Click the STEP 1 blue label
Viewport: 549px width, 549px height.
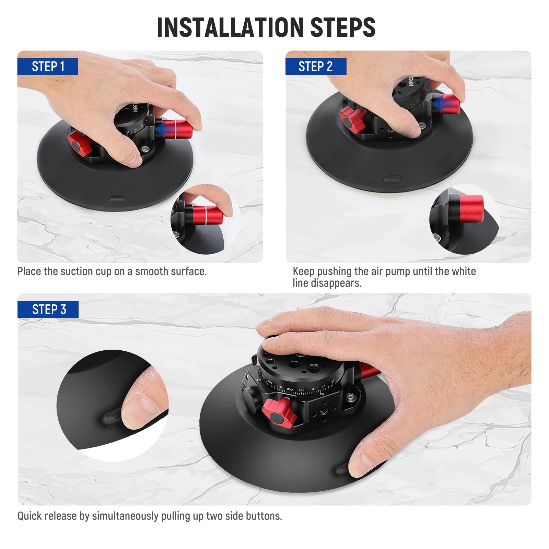point(48,66)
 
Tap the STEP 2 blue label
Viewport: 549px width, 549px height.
point(316,66)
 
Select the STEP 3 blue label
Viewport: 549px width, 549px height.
point(48,309)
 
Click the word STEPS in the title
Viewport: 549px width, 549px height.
point(343,27)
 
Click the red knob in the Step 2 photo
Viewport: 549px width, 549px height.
point(352,119)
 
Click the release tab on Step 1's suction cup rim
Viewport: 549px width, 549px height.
point(117,199)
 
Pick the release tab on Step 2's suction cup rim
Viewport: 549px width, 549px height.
point(392,179)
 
